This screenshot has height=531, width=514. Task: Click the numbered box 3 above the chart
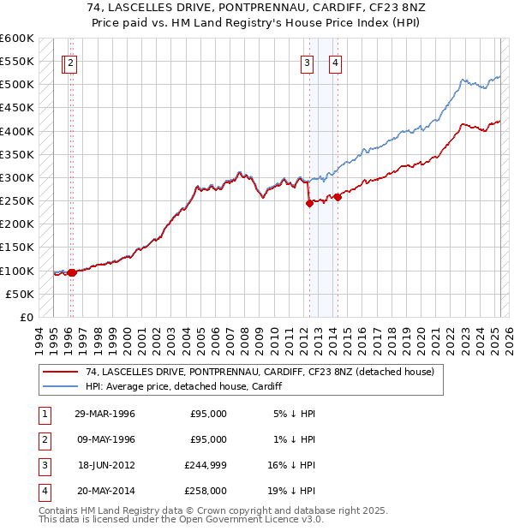coord(307,62)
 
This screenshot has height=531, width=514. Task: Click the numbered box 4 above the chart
coord(335,62)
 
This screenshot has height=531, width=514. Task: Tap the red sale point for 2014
coord(338,197)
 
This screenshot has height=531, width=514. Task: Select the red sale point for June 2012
coord(309,203)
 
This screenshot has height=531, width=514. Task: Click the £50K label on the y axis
coord(21,294)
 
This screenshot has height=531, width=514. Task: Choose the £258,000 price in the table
coord(208,491)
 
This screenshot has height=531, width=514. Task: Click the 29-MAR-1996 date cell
coord(105,414)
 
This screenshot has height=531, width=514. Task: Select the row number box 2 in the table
coord(43,439)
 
